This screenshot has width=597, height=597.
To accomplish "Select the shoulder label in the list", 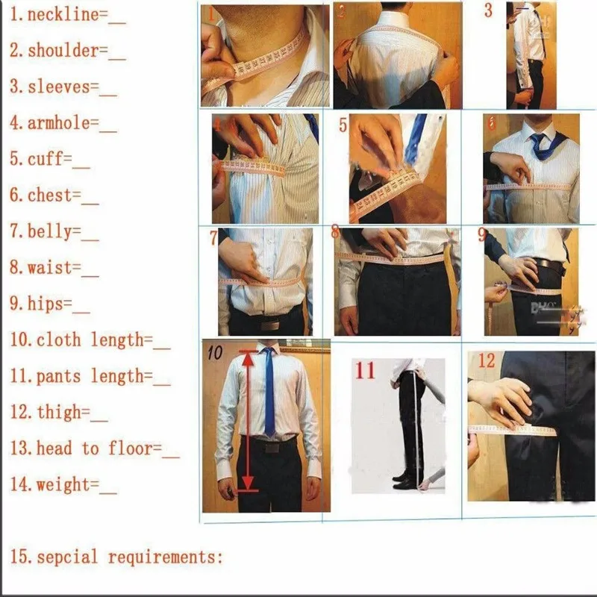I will point(63,51).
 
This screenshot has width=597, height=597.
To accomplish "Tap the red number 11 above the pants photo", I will point(364,370).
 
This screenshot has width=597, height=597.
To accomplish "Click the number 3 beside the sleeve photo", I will point(488,11).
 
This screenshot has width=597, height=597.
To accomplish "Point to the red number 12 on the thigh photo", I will point(486,361).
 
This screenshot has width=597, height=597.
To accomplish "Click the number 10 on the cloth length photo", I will point(215,353).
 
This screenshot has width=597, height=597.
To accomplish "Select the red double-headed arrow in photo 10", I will point(247,422).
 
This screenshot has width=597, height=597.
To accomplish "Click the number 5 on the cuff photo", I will point(343,125).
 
